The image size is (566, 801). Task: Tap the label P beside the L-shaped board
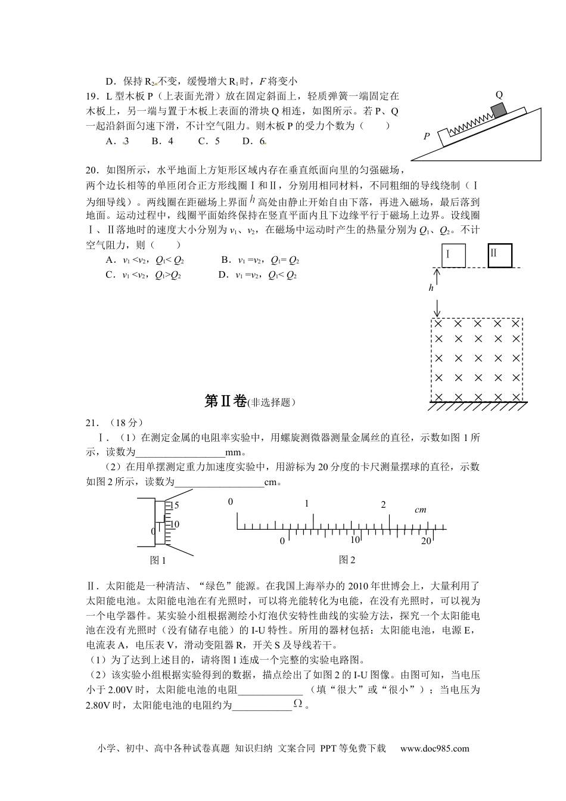pyautogui.click(x=427, y=136)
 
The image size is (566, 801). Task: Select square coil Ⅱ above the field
pyautogui.click(x=500, y=254)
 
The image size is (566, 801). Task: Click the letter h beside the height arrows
pyautogui.click(x=431, y=288)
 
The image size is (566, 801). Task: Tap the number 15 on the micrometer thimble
pyautogui.click(x=174, y=505)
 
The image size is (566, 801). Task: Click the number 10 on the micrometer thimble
pyautogui.click(x=174, y=524)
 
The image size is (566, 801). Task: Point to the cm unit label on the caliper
pyautogui.click(x=421, y=510)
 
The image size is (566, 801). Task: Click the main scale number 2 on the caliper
pyautogui.click(x=383, y=505)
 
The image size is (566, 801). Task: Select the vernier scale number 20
pyautogui.click(x=425, y=541)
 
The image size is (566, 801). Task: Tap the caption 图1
pyautogui.click(x=158, y=560)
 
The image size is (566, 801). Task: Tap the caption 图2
pyautogui.click(x=347, y=560)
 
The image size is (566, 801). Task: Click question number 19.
pyautogui.click(x=93, y=96)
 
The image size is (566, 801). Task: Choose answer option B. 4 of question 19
pyautogui.click(x=162, y=141)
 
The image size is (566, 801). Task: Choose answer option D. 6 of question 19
pyautogui.click(x=254, y=141)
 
